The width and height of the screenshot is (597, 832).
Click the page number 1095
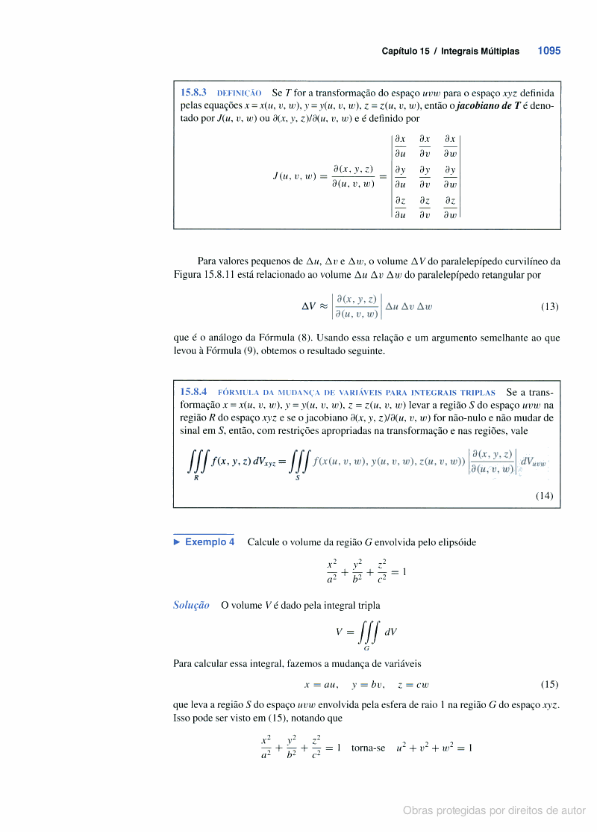point(548,52)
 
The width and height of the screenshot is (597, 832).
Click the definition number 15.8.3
point(194,93)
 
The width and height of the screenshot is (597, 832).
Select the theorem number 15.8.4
point(194,391)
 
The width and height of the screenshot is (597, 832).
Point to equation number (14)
point(544,494)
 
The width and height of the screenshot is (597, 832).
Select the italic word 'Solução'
point(191,605)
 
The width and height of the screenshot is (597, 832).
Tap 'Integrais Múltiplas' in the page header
point(480,52)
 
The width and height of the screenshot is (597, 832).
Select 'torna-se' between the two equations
point(368,748)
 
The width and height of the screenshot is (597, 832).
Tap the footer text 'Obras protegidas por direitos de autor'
point(494,810)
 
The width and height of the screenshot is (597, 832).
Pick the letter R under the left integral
point(196,477)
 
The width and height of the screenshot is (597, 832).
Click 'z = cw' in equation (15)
point(413,684)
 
